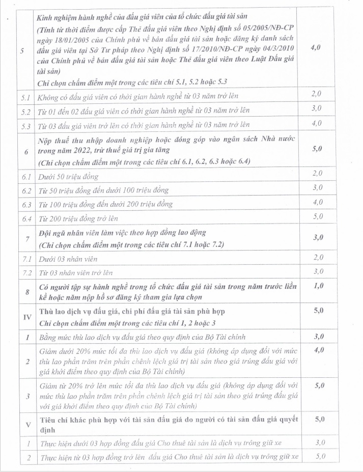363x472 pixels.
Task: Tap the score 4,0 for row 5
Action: tap(318, 47)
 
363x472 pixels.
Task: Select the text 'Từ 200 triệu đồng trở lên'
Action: tap(78, 218)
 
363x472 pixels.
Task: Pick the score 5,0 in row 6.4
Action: tap(318, 216)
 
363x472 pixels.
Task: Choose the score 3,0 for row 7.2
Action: tap(318, 271)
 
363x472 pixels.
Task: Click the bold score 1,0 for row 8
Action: tap(318, 286)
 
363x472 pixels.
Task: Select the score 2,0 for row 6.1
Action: tap(318, 174)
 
